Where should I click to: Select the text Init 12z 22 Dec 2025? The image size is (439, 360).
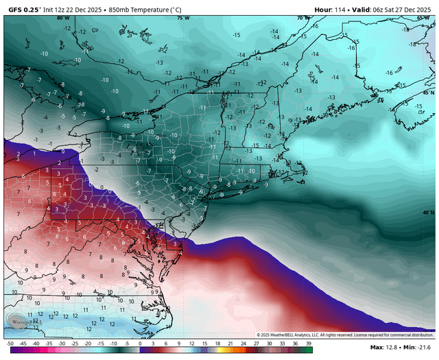[x=73, y=9]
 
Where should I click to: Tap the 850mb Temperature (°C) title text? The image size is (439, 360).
[x=147, y=9]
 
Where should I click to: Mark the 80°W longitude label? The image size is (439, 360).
[x=63, y=18]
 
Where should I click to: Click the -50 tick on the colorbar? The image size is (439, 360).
[x=9, y=343]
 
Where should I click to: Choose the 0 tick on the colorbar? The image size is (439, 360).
[x=140, y=343]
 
